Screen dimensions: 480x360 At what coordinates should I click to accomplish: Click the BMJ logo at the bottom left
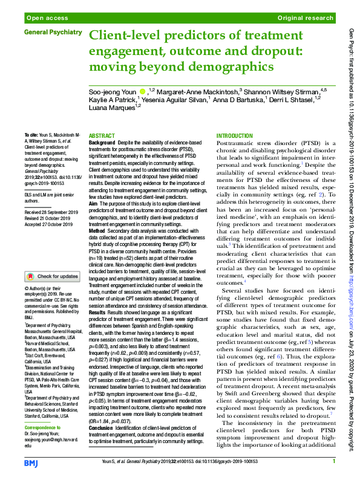[31, 463]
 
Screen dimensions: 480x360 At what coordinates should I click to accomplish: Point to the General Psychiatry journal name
[53, 31]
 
